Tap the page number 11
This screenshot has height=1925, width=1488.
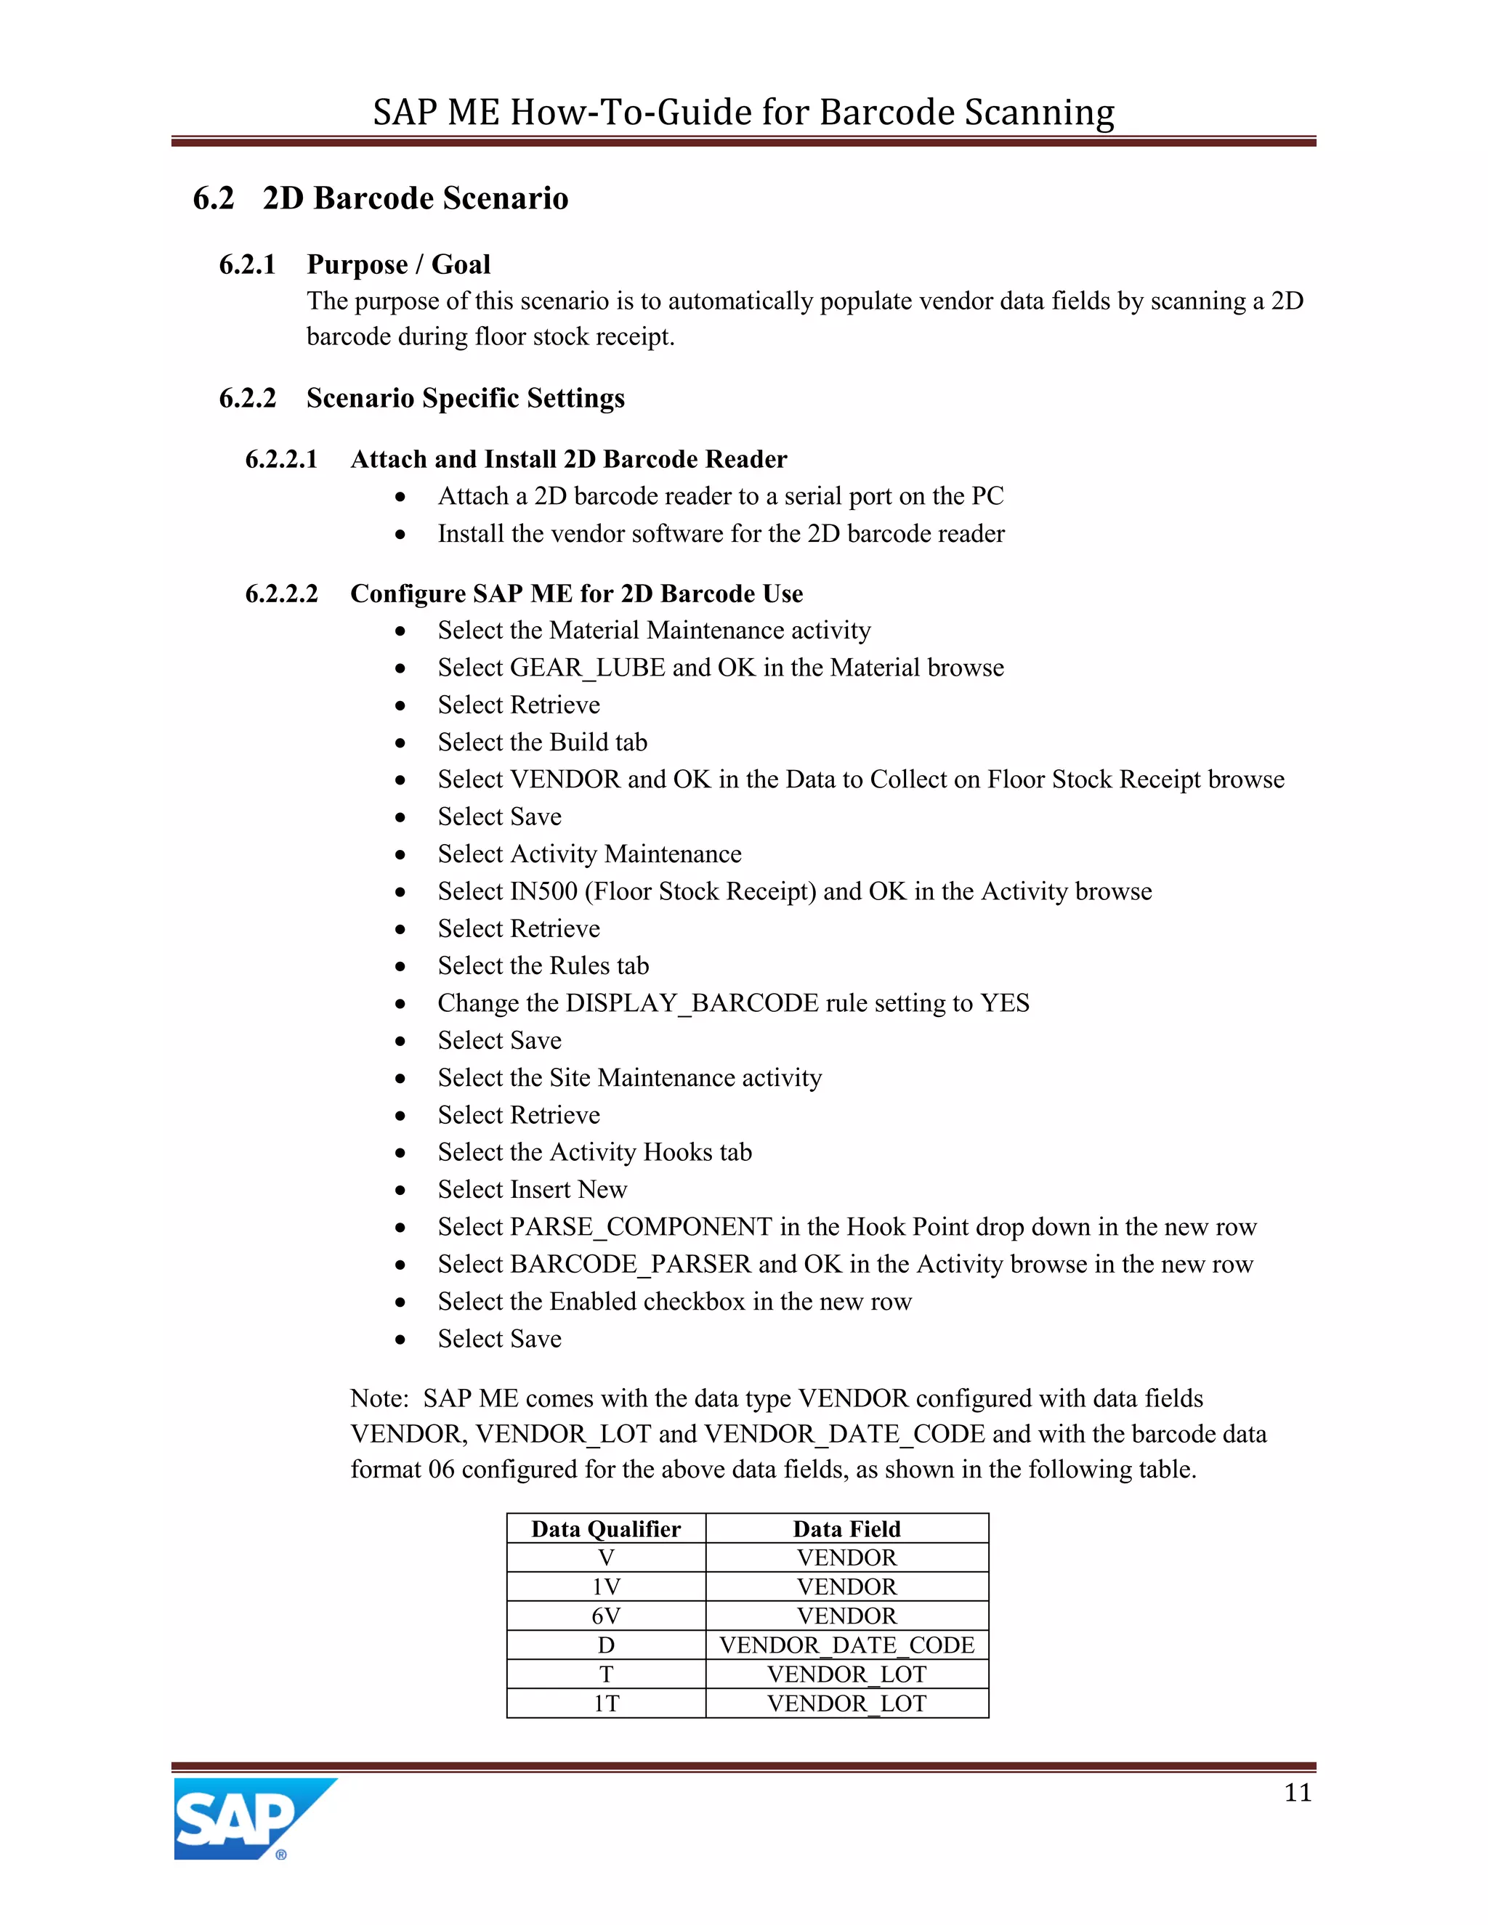coord(1298,1793)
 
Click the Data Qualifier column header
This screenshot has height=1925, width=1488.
coord(606,1528)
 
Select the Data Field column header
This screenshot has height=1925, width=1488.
coord(846,1528)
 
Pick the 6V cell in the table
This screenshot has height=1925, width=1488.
coord(606,1616)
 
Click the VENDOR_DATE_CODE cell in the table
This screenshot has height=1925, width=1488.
coord(846,1645)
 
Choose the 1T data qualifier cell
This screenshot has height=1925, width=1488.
coord(606,1703)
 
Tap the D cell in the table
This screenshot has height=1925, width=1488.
coord(606,1645)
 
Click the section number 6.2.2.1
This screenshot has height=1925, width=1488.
coord(281,459)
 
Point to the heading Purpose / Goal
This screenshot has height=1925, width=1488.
coord(398,264)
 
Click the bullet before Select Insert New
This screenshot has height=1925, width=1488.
coord(401,1191)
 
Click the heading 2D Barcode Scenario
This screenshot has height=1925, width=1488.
coord(415,198)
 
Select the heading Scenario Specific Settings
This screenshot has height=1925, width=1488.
coord(466,398)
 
